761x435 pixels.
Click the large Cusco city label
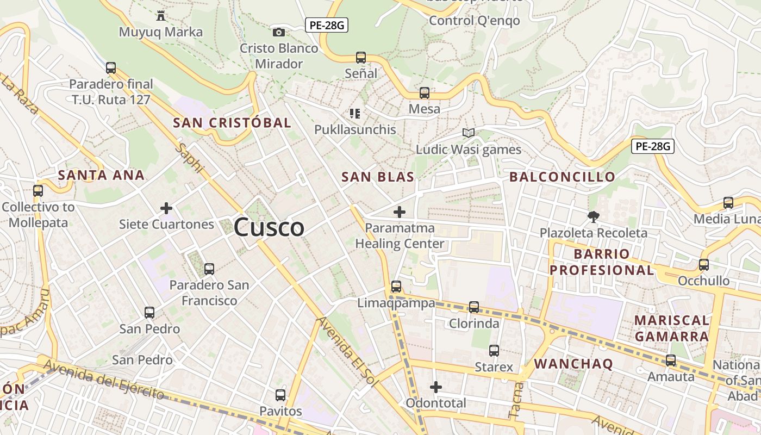[269, 227]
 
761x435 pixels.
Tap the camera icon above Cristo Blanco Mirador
[279, 33]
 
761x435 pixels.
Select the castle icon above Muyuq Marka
[160, 15]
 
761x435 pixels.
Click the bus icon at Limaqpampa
[396, 287]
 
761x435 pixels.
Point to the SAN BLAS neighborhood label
[378, 177]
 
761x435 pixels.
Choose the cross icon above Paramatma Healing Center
[400, 212]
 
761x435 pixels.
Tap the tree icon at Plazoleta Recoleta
[593, 217]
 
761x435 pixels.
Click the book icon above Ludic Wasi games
[468, 133]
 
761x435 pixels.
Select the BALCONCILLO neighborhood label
[562, 177]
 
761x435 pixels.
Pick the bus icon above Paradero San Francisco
[209, 269]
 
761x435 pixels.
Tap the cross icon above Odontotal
[435, 387]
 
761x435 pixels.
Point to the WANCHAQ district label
[573, 364]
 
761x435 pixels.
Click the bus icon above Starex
[494, 351]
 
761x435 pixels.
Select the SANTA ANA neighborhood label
[101, 175]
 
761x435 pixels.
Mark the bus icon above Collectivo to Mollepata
[38, 191]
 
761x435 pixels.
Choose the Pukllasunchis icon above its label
[355, 114]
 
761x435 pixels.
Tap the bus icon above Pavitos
[280, 395]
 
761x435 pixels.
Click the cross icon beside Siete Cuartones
[166, 208]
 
